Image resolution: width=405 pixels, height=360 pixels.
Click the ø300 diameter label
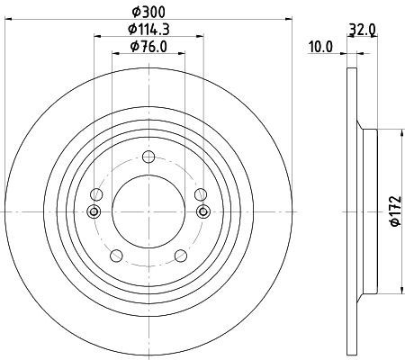pyautogui.click(x=148, y=12)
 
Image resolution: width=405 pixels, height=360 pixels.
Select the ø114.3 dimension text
pyautogui.click(x=148, y=29)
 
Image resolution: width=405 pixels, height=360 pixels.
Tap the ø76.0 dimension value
pyautogui.click(x=148, y=47)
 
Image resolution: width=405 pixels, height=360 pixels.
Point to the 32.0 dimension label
pyautogui.click(x=363, y=30)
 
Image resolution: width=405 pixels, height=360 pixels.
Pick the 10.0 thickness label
pyautogui.click(x=320, y=47)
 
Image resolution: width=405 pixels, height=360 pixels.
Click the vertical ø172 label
pyautogui.click(x=395, y=211)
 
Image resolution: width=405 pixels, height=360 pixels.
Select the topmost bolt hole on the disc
pyautogui.click(x=148, y=157)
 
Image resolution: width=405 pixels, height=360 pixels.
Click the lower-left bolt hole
pyautogui.click(x=116, y=256)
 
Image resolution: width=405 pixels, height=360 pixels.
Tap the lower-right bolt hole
pyautogui.click(x=181, y=256)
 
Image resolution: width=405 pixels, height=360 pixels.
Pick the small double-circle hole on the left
pyautogui.click(x=94, y=211)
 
